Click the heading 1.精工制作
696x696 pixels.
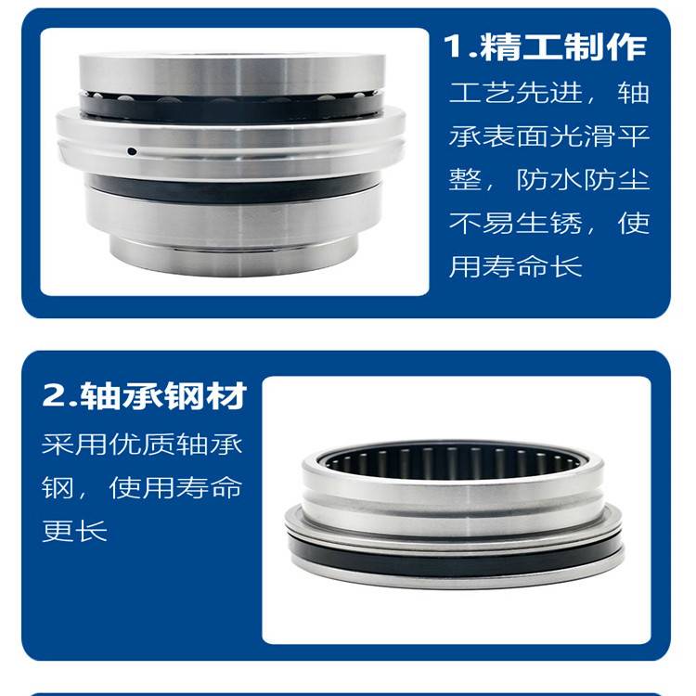545,46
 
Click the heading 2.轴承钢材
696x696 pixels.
144,395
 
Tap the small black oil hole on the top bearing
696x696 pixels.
132,151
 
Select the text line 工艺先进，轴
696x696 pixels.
549,93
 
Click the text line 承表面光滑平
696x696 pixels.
549,135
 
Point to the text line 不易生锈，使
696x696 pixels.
549,223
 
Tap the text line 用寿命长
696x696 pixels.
515,266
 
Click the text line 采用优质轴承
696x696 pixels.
142,444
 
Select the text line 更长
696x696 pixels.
74,531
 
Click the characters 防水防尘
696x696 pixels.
584,179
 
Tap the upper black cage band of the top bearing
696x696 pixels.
231,108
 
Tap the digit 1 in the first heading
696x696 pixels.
454,46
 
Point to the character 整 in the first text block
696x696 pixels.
465,179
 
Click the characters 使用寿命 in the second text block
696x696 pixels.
175,487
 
